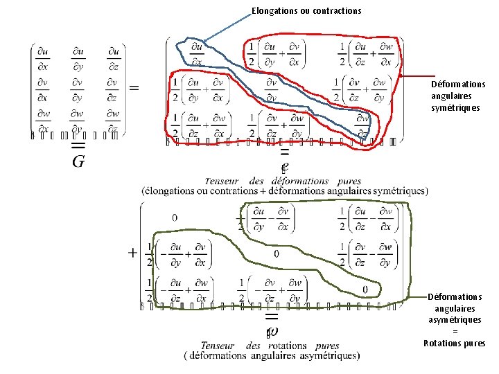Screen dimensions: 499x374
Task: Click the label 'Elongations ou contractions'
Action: [306, 10]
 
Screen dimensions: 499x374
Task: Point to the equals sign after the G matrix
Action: [134, 87]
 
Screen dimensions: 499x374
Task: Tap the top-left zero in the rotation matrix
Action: [174, 217]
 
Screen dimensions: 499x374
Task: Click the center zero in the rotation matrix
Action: [276, 253]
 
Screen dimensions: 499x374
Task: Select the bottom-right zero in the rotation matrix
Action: [365, 289]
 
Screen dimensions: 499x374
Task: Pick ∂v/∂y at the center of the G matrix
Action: [78, 88]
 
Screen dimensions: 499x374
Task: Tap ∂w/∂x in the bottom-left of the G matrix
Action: [43, 120]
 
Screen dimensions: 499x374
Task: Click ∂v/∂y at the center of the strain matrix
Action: [272, 89]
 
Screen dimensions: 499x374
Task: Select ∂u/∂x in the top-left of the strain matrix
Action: [197, 53]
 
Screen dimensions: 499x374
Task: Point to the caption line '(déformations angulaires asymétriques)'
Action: [272, 356]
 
